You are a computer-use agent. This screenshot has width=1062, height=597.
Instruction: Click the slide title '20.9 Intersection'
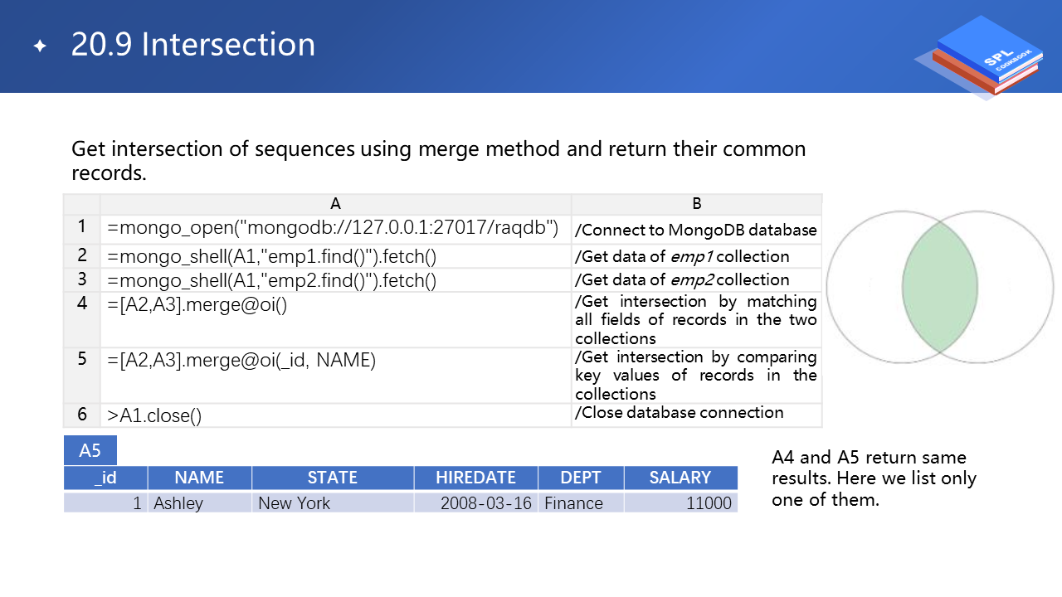193,45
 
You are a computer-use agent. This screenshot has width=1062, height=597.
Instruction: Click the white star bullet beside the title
41,46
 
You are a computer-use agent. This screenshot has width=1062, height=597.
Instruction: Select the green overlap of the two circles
940,287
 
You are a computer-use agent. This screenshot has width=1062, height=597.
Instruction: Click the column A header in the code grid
335,204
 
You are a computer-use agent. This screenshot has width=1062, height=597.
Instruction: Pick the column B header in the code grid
696,204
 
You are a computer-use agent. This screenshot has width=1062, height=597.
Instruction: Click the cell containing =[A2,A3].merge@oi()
335,319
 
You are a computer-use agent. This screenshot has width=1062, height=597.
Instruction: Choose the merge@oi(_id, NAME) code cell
335,376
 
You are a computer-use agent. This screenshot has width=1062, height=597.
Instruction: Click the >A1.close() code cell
335,415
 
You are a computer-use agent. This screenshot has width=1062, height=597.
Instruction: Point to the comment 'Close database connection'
679,413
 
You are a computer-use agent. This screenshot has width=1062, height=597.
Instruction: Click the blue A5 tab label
90,450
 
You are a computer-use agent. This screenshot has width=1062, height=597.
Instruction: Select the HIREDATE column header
476,478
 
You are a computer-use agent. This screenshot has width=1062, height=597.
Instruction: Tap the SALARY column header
680,478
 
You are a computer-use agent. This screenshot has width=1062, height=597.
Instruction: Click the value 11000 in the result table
709,503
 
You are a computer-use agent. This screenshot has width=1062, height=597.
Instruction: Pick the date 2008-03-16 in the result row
486,503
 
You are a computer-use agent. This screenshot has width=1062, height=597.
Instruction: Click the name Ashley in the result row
178,503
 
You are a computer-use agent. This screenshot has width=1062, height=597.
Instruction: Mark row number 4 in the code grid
82,303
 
